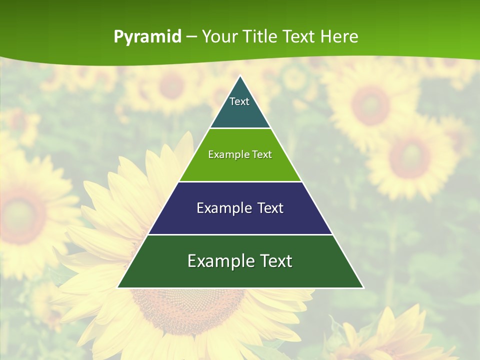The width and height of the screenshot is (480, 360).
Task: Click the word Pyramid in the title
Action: pos(147,37)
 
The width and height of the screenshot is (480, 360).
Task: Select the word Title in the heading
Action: pos(261,37)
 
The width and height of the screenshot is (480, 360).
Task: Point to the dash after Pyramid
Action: pos(191,37)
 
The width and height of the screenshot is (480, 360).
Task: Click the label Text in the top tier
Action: pos(239,101)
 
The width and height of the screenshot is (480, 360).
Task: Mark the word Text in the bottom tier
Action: pos(274,261)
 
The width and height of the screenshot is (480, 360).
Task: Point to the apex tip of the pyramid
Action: pos(240,76)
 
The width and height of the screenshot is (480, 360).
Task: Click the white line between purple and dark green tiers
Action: pos(240,234)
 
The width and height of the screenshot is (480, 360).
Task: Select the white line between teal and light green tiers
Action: pos(240,128)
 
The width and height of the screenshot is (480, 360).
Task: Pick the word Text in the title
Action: pos(299,37)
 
